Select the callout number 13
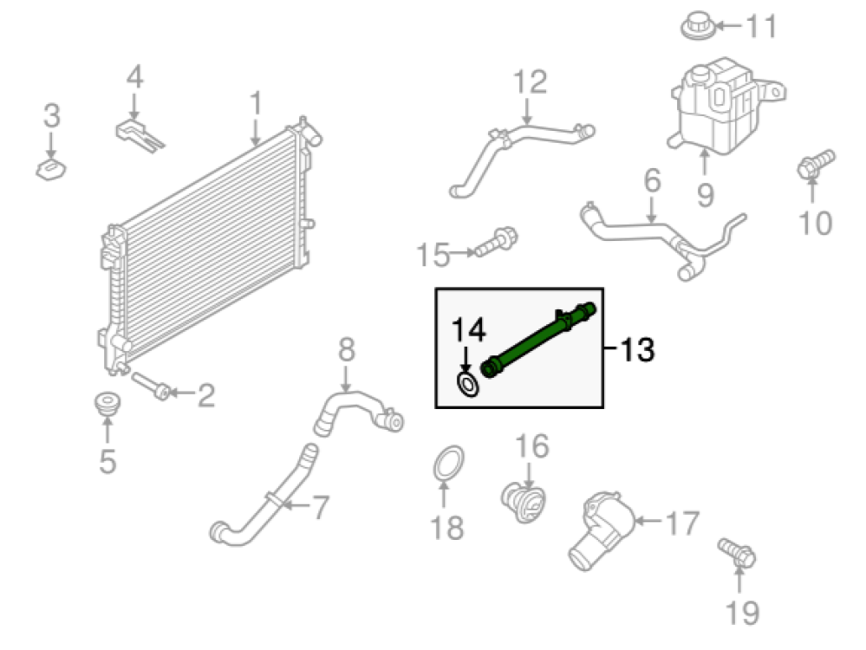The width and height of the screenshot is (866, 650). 637,351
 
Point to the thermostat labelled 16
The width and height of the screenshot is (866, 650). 524,500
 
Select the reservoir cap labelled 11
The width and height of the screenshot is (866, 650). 700,25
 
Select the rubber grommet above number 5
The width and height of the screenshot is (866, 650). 107,406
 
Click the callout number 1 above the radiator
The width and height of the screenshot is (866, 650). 256,105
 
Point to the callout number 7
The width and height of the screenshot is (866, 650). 320,508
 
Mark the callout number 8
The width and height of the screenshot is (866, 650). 346,350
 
